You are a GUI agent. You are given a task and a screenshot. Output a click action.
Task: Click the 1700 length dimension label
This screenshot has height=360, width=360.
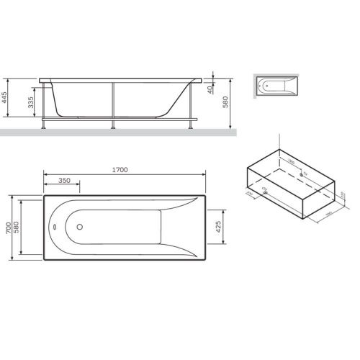(120, 170)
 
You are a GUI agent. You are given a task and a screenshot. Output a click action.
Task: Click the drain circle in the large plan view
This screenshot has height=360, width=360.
(78, 226)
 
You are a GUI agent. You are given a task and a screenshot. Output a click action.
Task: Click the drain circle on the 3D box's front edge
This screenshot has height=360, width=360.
(264, 189)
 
